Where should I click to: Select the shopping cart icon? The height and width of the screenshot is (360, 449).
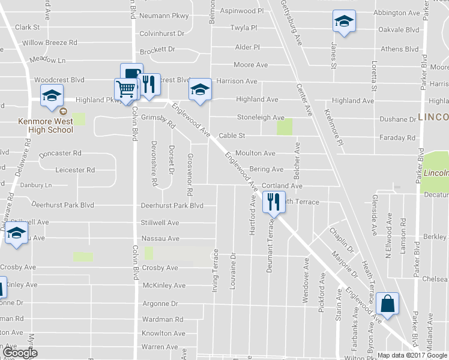pos(125,89)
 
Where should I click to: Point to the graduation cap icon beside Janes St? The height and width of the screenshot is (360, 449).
pos(344,21)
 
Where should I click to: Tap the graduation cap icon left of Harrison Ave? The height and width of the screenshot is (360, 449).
pos(200,89)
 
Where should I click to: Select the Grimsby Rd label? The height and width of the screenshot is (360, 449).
pos(163,119)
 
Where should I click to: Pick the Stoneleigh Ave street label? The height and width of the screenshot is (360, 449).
pos(260,118)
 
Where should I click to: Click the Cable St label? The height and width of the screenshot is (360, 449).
pos(232,136)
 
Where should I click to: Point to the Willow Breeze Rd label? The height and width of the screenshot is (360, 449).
pos(50,43)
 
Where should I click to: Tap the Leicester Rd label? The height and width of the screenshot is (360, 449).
pos(75,170)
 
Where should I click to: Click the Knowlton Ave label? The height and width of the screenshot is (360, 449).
pos(163,333)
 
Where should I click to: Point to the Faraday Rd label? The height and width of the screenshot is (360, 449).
pos(397,137)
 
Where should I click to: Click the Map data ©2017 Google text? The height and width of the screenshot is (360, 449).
pos(412,355)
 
